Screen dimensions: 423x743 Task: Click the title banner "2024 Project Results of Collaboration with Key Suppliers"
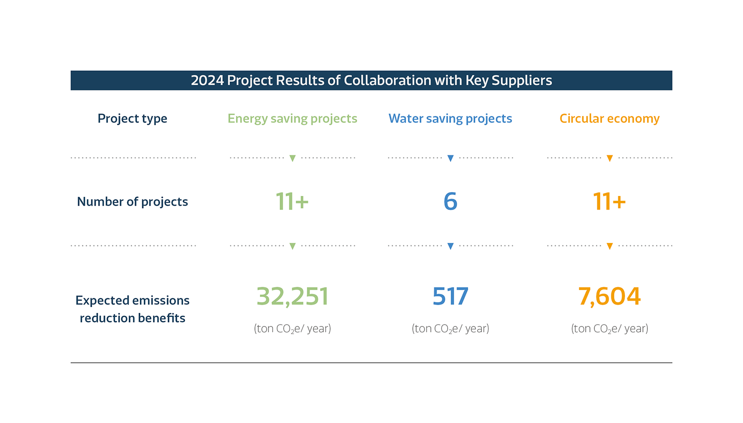[371, 81]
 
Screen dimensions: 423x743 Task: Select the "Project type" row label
[132, 118]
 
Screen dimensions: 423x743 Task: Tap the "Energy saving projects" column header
[292, 118]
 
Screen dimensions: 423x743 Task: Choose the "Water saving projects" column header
[450, 118]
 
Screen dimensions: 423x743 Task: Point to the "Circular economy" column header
[609, 118]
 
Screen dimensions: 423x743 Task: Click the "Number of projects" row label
[132, 201]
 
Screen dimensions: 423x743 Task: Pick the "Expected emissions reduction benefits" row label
[132, 309]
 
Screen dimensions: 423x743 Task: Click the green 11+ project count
[292, 201]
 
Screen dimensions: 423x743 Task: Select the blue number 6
[450, 201]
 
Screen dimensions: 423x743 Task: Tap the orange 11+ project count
[609, 201]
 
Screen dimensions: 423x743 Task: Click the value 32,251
[292, 296]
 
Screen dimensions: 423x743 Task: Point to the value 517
[450, 296]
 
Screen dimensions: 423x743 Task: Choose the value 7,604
[609, 296]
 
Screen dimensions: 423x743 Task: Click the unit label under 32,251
[292, 328]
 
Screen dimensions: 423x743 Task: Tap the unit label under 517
[450, 328]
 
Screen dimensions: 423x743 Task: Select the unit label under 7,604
[609, 328]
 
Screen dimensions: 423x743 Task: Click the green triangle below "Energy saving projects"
[292, 158]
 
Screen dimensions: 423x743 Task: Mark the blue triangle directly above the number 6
[450, 158]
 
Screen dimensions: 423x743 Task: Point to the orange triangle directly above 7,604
[609, 246]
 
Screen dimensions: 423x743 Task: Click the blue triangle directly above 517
[450, 246]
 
